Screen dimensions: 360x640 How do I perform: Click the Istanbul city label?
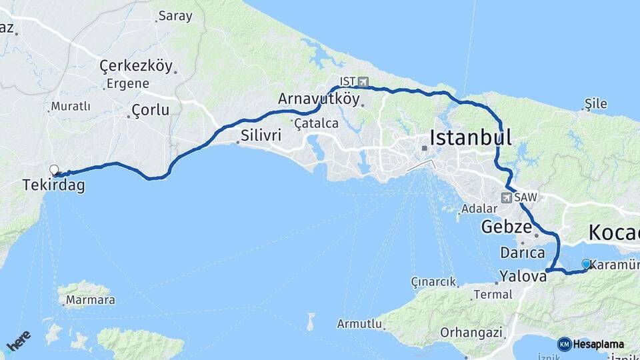pos(471,138)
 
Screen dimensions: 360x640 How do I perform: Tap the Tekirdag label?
pos(53,185)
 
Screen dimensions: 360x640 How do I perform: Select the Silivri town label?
pos(260,135)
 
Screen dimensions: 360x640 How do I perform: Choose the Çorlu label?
pos(150,110)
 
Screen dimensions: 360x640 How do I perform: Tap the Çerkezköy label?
pos(136,66)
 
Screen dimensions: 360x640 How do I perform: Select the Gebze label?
pos(505,226)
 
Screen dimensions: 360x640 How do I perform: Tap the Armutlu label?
pos(359,324)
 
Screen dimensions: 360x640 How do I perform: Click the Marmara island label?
pos(90,300)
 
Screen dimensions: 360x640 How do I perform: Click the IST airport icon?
pos(363,81)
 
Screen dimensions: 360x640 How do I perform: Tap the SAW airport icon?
pos(507,197)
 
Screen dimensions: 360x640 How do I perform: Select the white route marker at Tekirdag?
pos(54,170)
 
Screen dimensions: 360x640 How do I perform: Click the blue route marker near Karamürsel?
pos(586,264)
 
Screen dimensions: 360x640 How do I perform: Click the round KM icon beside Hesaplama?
pos(565,344)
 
